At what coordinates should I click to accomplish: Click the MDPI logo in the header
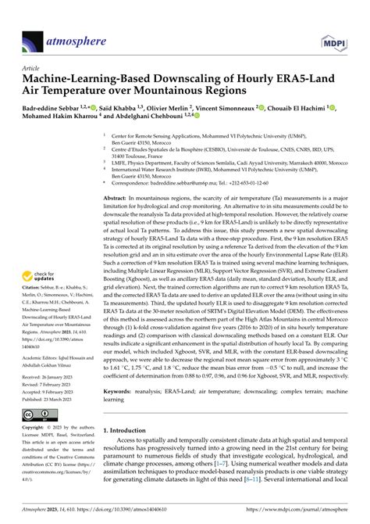point(337,20)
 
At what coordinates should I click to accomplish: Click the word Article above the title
point(33,66)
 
